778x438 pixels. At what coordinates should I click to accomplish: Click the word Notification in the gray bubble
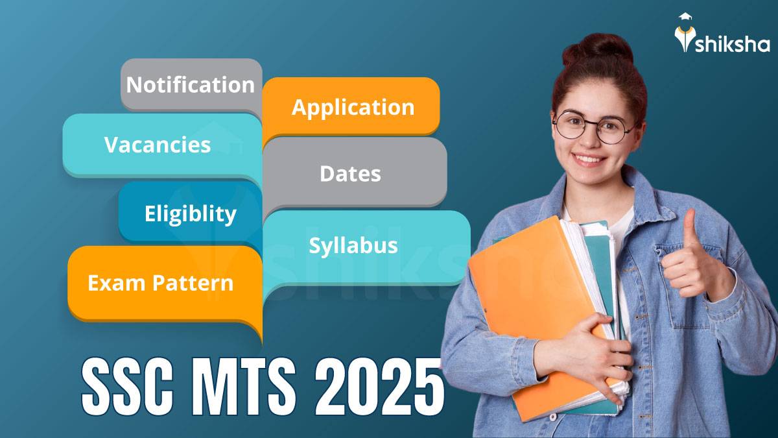click(190, 85)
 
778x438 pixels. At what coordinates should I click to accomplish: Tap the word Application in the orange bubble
click(353, 107)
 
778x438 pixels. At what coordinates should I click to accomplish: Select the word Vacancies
click(158, 145)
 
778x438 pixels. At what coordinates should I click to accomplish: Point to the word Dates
click(350, 174)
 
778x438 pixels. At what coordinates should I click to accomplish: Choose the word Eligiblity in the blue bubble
click(191, 214)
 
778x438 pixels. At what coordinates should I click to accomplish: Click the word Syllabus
click(353, 246)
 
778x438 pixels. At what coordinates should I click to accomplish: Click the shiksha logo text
click(733, 44)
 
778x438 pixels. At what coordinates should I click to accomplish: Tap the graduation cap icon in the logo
click(685, 19)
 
